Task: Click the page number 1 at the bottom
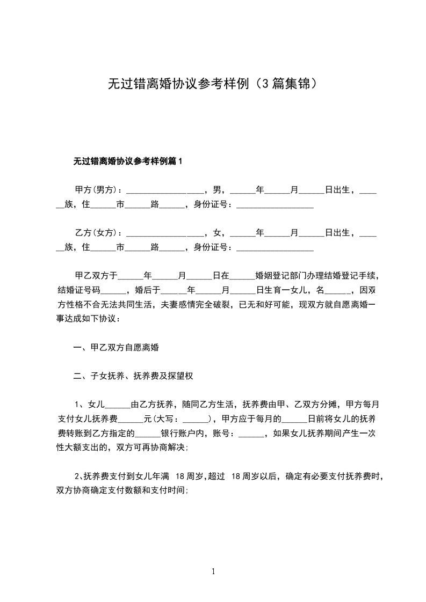tap(213, 572)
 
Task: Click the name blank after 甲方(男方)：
tap(164, 191)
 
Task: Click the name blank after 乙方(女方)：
tap(164, 234)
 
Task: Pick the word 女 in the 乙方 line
tap(217, 233)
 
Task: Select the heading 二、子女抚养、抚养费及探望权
tap(133, 376)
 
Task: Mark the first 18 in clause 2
tap(180, 476)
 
